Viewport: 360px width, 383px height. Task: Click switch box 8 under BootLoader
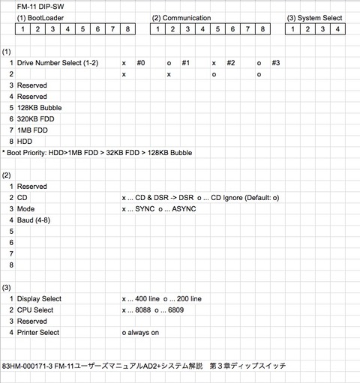coord(128,29)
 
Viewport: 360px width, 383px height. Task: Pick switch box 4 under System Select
coord(338,29)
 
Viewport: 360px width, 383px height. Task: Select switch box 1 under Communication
coord(158,29)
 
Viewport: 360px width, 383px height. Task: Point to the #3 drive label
coord(275,63)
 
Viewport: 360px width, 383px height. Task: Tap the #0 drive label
coord(141,63)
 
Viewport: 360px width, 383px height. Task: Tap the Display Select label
coord(40,298)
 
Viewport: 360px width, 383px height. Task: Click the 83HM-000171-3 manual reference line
coord(142,366)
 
